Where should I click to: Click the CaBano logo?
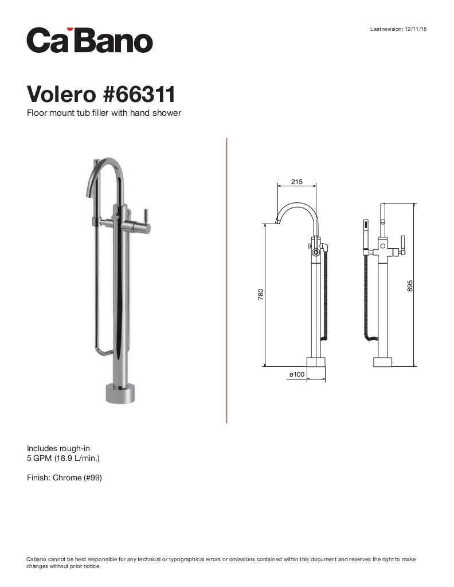coord(89,40)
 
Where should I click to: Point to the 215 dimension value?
coord(296,182)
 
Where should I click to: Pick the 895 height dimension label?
coord(410,285)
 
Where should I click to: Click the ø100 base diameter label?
coord(296,374)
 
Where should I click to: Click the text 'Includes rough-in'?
coord(58,448)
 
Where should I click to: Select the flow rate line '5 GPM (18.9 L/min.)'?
coord(64,458)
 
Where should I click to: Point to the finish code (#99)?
coord(93,478)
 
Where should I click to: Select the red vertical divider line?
coord(227,280)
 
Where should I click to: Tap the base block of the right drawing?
coord(382,362)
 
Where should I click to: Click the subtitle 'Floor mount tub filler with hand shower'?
coord(104,113)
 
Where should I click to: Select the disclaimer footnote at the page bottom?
coord(221,562)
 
